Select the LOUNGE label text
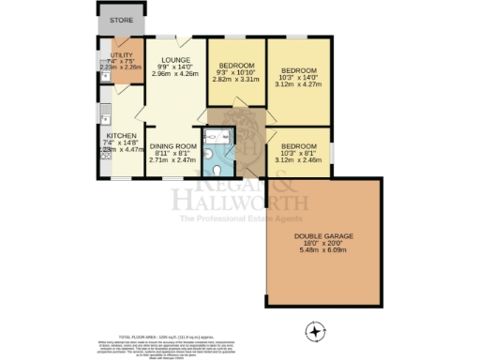click(x=174, y=58)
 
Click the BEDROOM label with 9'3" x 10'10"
click(x=235, y=66)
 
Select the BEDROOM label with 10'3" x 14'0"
click(x=300, y=71)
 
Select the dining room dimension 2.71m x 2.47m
click(x=173, y=161)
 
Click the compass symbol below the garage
click(x=317, y=330)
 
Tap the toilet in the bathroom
click(x=217, y=171)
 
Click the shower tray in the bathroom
click(x=223, y=136)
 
